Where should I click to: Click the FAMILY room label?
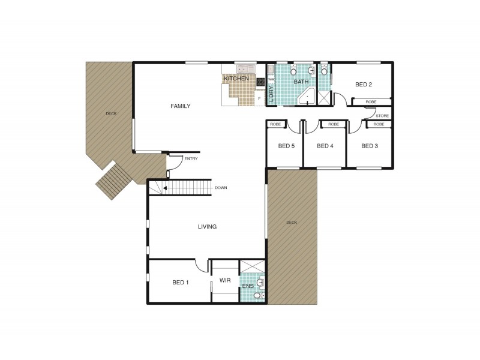coord(180,106)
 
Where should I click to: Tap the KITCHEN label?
coord(236,79)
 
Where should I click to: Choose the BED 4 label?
coord(325,145)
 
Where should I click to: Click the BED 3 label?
coord(370,145)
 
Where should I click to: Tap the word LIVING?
coord(207,227)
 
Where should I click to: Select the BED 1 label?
coord(181,282)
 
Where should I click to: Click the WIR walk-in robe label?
coord(225,280)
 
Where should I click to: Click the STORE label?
coord(382,115)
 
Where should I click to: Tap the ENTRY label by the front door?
coord(191,159)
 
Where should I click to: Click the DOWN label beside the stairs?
coord(221,188)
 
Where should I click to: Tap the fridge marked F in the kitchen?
coord(259,98)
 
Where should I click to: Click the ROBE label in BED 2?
coord(371,103)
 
